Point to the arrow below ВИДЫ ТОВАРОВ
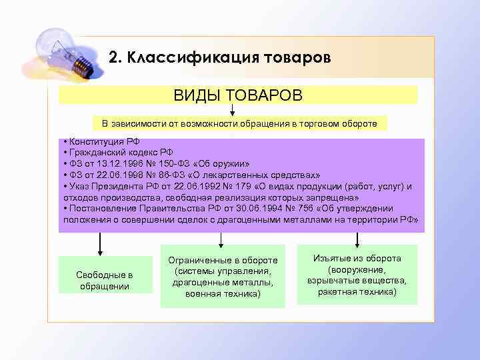coord(232,109)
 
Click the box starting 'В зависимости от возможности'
coord(239,123)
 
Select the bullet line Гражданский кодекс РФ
coord(116,153)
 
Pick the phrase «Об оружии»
coord(226,164)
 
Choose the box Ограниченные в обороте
coord(223,276)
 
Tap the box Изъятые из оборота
coord(357,275)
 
